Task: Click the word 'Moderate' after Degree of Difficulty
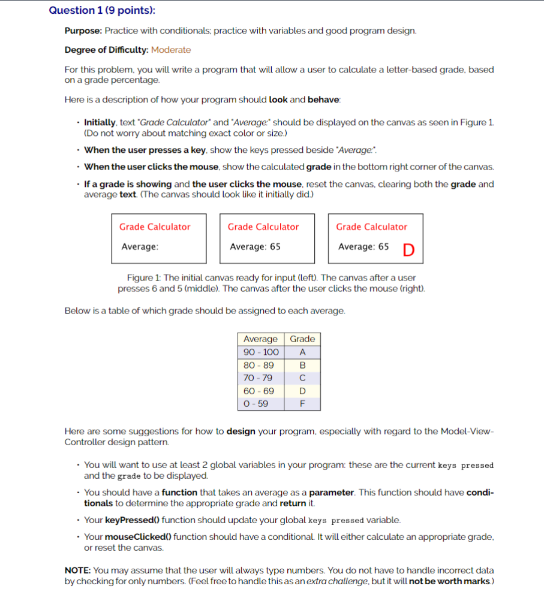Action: (171, 50)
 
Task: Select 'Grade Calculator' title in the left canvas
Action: (155, 227)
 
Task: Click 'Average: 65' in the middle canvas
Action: (255, 246)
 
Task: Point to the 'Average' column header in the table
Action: (260, 339)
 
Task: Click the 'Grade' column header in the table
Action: (302, 339)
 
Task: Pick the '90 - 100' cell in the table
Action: (261, 352)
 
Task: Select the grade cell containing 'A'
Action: (302, 352)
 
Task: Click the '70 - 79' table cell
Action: (258, 378)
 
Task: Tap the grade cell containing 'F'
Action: (302, 403)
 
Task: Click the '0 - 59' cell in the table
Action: (256, 403)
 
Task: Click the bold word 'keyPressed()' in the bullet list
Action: (132, 520)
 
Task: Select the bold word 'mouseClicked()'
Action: (138, 536)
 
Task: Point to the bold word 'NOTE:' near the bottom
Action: (77, 570)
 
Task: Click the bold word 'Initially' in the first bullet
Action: (101, 122)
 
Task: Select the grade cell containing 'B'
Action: (302, 365)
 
